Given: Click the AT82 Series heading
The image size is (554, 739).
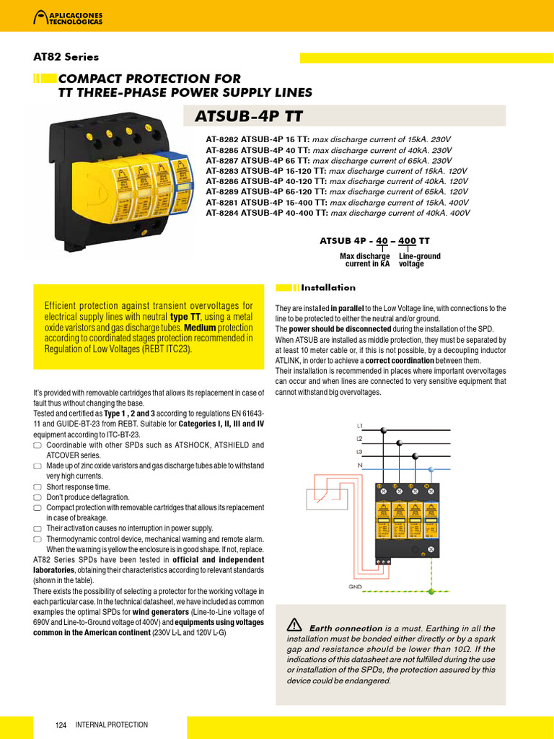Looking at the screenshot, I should (x=66, y=57).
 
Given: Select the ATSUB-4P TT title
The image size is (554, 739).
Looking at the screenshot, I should (x=249, y=116).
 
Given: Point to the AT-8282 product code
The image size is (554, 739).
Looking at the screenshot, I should (x=221, y=140).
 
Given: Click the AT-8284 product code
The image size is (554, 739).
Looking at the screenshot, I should (x=221, y=214).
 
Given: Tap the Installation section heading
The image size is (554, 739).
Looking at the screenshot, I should (x=328, y=287).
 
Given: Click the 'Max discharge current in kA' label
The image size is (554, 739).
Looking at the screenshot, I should (x=365, y=261).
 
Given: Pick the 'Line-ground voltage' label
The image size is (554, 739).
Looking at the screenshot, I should (x=419, y=261).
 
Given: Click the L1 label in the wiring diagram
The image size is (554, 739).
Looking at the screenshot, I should (x=361, y=426).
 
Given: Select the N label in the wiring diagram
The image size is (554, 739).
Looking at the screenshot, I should (x=361, y=465).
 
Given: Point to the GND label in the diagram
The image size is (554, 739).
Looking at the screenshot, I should (x=356, y=587).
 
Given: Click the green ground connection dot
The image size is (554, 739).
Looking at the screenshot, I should (x=431, y=590).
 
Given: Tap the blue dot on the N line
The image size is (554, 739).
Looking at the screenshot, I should (x=431, y=469).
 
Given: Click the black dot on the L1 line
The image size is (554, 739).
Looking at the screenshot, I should (x=384, y=430).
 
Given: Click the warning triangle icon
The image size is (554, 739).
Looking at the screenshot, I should (x=294, y=625).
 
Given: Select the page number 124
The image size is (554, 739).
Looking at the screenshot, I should (x=61, y=725).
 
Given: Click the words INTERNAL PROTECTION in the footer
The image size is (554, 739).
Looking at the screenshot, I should (x=112, y=725).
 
